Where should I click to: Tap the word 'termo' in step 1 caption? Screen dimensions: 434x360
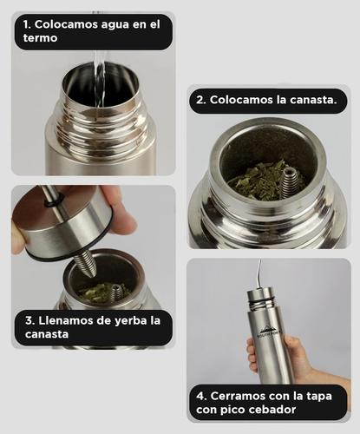pyautogui.click(x=42, y=40)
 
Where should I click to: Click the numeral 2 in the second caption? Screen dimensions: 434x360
pyautogui.click(x=200, y=100)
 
